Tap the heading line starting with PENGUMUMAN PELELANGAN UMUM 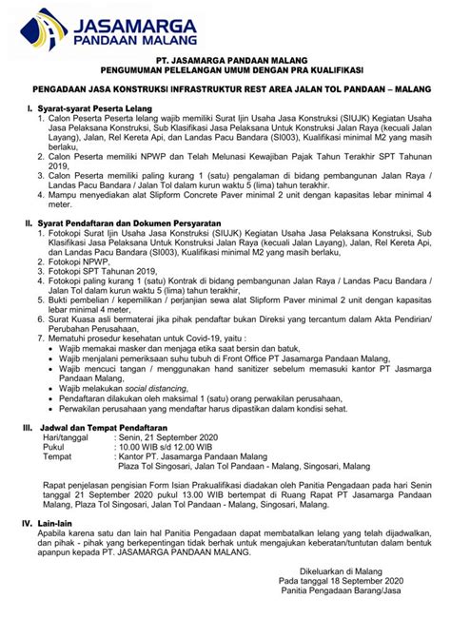click(225, 69)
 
